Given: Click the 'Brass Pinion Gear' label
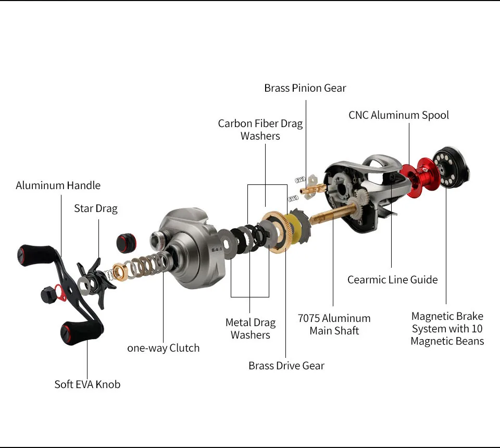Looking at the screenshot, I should point(305,88).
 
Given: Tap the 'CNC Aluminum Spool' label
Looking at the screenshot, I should point(398,115).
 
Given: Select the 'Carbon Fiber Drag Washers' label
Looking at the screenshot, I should point(260,130).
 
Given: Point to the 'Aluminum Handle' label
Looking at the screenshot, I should point(58,185).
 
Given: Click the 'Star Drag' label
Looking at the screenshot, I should point(96,208).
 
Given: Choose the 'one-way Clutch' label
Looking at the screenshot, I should point(163,348).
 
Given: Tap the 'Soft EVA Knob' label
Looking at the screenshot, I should point(87,384).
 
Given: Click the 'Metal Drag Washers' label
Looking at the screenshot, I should point(250,329).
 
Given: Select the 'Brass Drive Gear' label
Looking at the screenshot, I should point(286,366).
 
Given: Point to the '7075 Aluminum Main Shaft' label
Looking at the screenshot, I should point(334,324).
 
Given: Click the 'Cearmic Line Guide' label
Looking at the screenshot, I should point(392,280).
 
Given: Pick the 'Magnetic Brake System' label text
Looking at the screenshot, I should point(447,329).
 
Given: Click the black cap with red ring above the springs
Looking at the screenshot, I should point(125,241).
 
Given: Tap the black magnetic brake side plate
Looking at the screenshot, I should point(451,167).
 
